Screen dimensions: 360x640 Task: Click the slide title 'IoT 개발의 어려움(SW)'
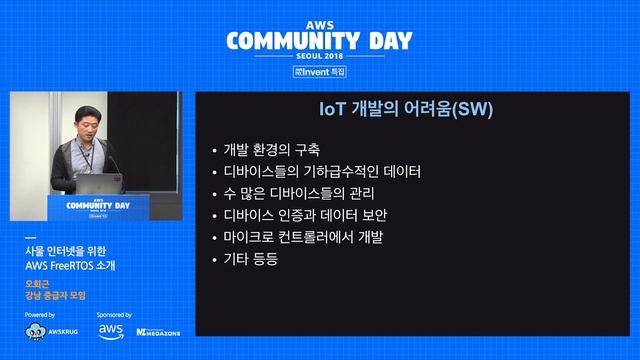(x=406, y=109)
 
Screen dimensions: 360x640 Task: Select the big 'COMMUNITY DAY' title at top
(x=319, y=41)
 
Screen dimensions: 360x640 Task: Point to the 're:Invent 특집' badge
(x=319, y=73)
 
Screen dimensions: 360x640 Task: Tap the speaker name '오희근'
(x=37, y=284)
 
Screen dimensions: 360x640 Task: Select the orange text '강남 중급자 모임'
(x=56, y=296)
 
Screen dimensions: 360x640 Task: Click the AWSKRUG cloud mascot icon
(x=35, y=331)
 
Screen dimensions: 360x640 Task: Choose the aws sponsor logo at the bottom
(x=110, y=331)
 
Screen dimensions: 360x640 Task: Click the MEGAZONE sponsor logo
(x=158, y=331)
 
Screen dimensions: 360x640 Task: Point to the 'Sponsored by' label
(x=115, y=314)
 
